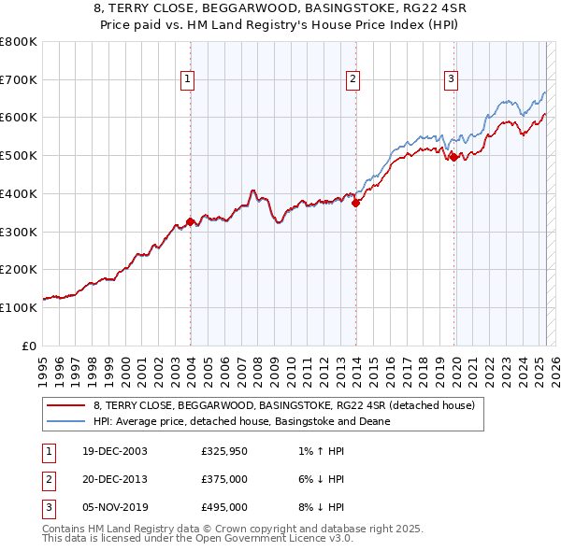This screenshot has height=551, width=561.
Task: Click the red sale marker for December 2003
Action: coord(190,221)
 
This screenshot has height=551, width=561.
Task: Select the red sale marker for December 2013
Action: coord(356,203)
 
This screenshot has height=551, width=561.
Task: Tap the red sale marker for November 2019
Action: coord(453,157)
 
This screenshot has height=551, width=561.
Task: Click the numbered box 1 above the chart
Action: coord(188,80)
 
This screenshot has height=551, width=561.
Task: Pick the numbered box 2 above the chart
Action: coord(353,80)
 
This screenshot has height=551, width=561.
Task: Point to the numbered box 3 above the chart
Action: coord(451,80)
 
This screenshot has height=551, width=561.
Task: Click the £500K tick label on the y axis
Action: coord(19,155)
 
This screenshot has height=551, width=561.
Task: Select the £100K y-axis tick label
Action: coord(19,307)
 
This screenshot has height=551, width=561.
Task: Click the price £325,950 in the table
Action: coord(224,452)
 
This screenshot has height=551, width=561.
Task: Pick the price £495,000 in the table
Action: coord(224,507)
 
